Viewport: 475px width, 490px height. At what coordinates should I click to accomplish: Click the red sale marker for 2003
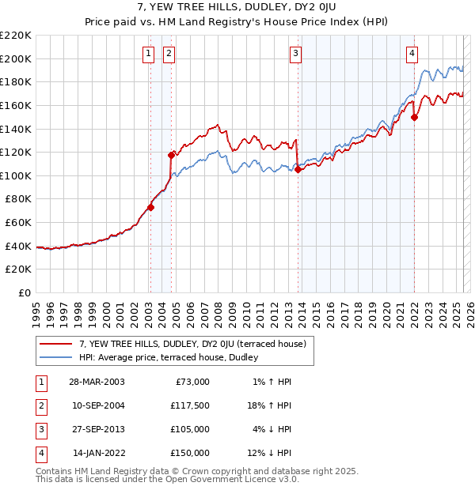coord(150,208)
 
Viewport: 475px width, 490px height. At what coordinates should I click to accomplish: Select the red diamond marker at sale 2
coord(171,155)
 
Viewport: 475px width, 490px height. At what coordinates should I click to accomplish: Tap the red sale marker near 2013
coord(298,168)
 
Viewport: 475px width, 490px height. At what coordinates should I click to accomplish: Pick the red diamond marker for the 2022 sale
coord(414,116)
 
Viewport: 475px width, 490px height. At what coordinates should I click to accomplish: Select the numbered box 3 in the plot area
coord(295,54)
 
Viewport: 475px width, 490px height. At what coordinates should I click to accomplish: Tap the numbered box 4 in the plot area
coord(412,54)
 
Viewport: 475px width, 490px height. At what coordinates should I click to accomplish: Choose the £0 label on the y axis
coord(24,292)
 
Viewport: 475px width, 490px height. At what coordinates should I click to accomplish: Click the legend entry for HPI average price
coord(174,358)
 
